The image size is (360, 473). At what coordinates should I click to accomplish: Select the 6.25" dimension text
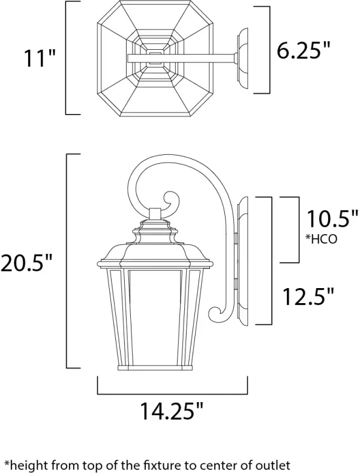click(x=304, y=51)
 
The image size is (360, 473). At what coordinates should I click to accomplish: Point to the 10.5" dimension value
click(x=329, y=219)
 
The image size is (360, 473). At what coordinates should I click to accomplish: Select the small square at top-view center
click(x=155, y=58)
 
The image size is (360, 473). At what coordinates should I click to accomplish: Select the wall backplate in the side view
click(x=242, y=262)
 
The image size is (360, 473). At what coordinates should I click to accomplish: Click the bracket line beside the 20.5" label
click(x=66, y=262)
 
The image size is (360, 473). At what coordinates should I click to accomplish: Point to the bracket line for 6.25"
click(x=264, y=51)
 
